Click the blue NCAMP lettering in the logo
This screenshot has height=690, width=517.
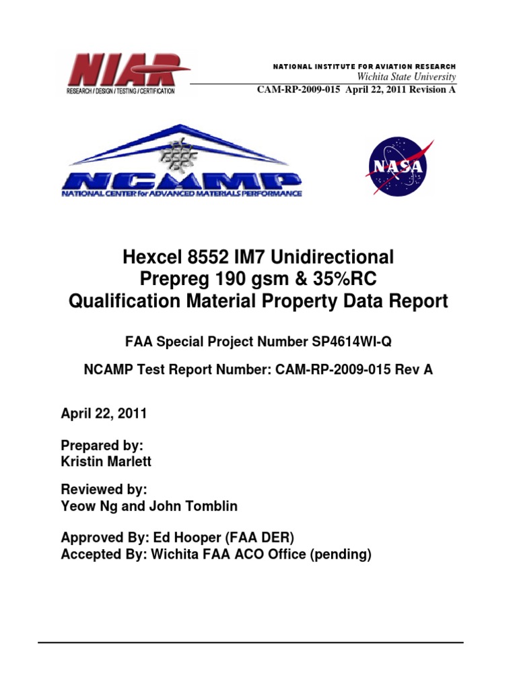coord(181,181)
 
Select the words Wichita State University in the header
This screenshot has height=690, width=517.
coord(407,77)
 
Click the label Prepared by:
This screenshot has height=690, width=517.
coord(102,445)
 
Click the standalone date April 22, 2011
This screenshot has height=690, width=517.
coord(104,414)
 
